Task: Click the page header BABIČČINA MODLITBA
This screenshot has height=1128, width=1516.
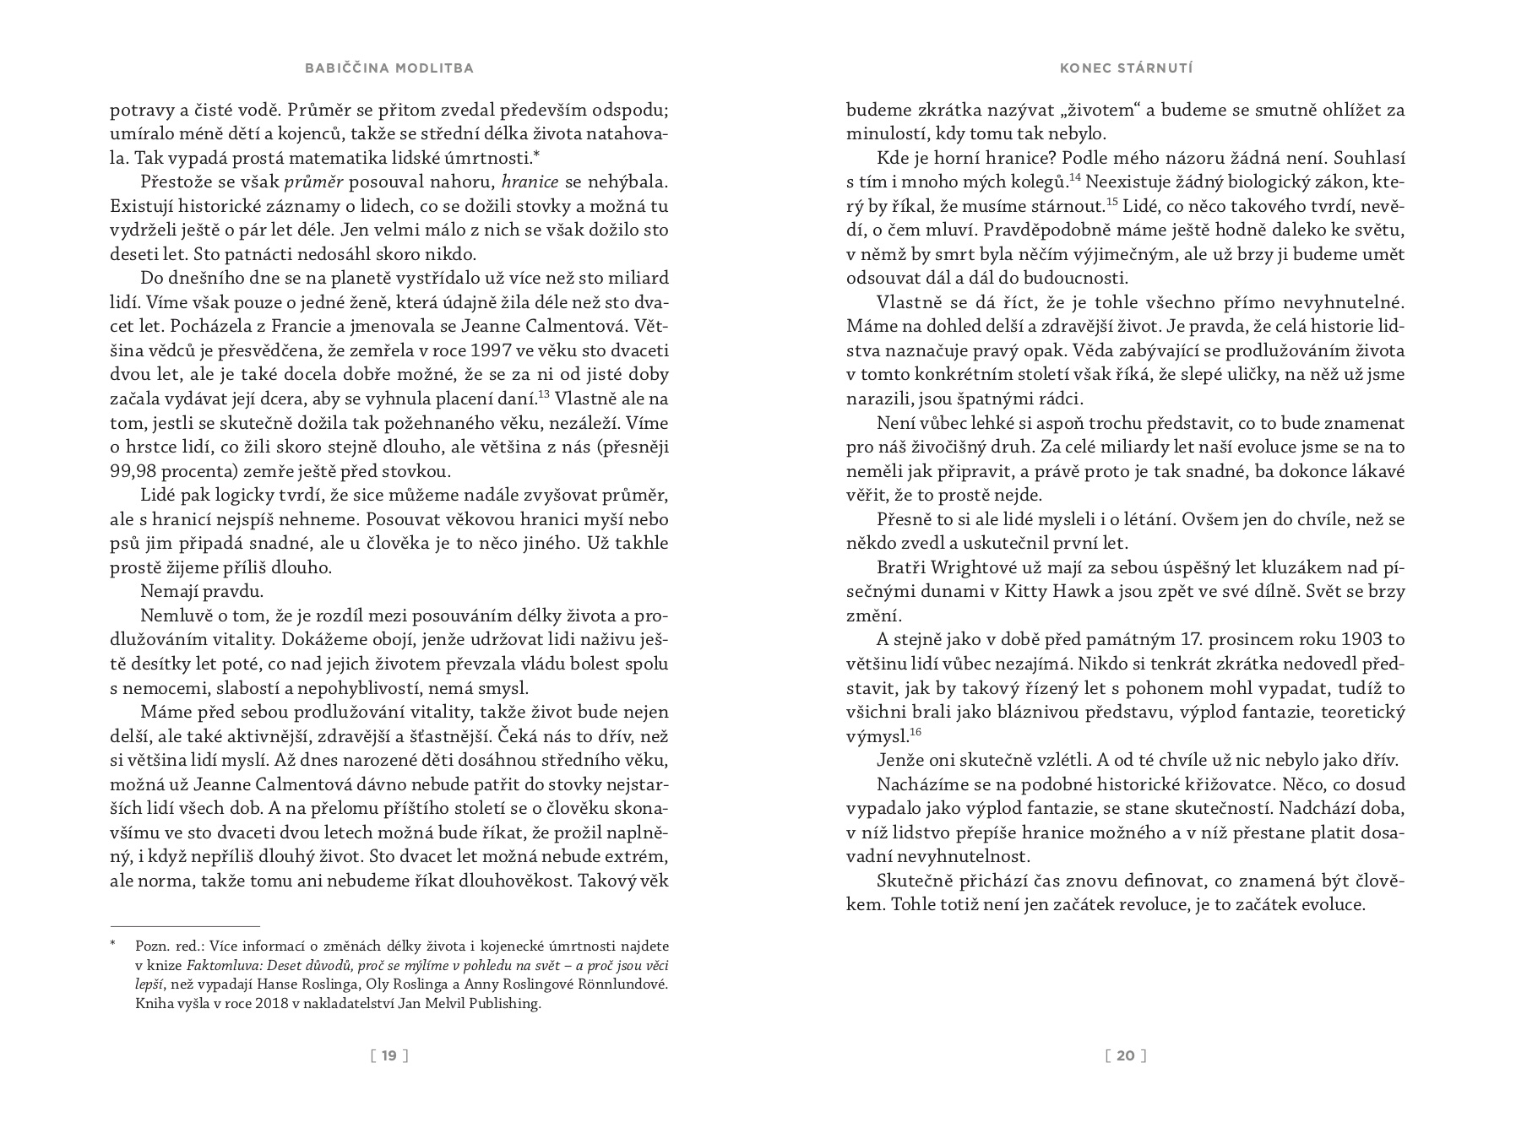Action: [389, 68]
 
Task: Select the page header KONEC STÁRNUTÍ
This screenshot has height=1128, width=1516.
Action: [1126, 68]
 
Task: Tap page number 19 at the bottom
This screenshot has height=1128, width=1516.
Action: [389, 1055]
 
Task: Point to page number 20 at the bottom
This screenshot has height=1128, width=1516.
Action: [1126, 1055]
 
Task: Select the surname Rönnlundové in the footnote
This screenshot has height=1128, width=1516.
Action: [622, 984]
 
